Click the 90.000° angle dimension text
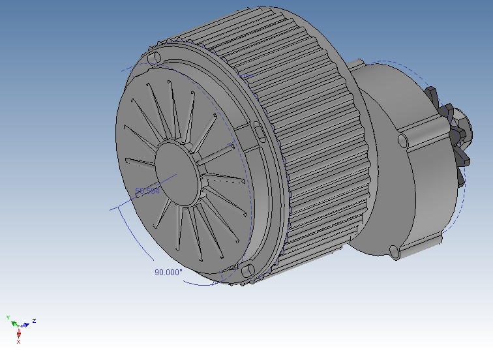(168, 273)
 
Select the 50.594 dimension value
(147, 191)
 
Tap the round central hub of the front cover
(174, 171)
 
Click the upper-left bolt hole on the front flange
(154, 59)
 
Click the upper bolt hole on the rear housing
(403, 140)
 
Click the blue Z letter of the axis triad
(33, 321)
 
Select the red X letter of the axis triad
(18, 342)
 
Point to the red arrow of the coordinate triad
(18, 333)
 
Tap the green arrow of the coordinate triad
(13, 322)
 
